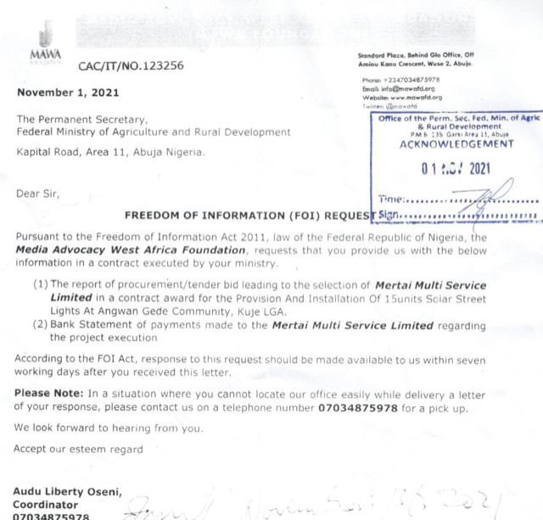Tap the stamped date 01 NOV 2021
click(x=455, y=168)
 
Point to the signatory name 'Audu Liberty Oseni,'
click(x=67, y=490)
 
